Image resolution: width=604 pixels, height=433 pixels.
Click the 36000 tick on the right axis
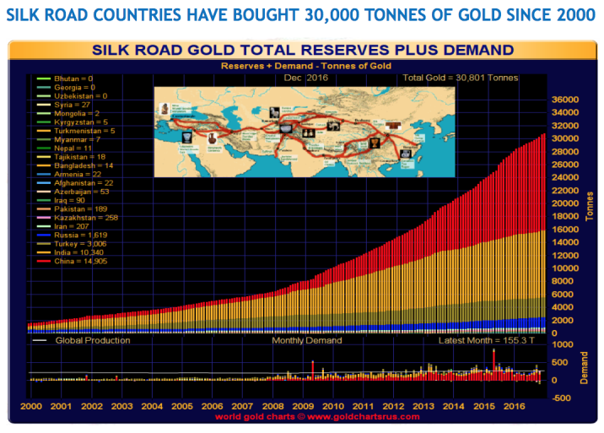click(x=566, y=100)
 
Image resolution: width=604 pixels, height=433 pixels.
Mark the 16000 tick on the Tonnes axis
click(x=566, y=230)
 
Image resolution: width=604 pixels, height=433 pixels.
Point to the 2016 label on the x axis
click(x=514, y=406)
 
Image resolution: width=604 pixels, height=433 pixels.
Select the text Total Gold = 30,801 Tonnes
click(x=460, y=78)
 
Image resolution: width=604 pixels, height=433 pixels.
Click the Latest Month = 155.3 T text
click(x=483, y=340)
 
